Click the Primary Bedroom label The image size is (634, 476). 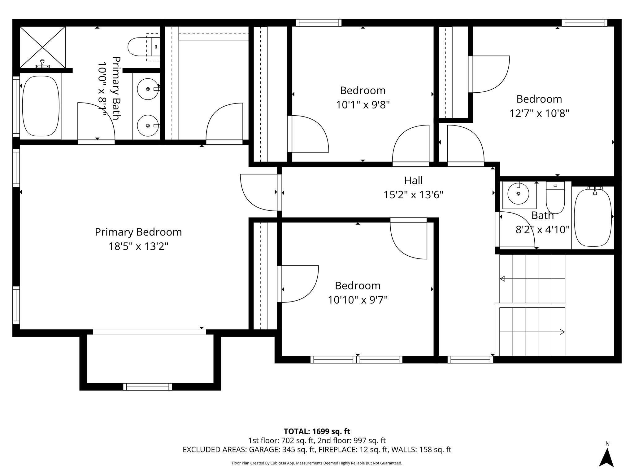pos(138,232)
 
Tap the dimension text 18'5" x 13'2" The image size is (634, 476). pos(138,246)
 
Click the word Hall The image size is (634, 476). pos(413,180)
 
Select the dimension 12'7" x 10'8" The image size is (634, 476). pos(539,113)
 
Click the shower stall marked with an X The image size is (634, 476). pos(42,47)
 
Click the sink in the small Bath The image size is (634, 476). pos(519,194)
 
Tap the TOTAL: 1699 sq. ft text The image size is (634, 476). pos(317,431)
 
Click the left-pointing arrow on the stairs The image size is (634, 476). pos(503,279)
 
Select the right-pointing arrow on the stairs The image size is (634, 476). pos(562,332)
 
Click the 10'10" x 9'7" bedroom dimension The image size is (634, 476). pos(358,300)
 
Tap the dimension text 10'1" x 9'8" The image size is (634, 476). pos(363,105)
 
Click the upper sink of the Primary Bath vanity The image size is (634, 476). pos(148,89)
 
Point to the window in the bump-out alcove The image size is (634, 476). pos(147,386)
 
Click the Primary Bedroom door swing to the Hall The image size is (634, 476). pos(258,192)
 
